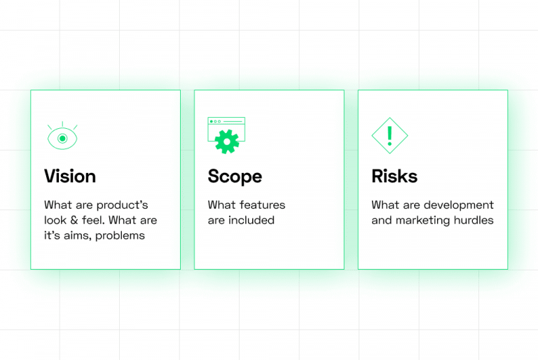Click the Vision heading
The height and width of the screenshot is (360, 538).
70,176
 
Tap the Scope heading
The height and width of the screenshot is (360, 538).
235,176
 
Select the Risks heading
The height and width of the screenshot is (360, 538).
394,176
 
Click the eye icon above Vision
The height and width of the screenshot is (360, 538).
62,137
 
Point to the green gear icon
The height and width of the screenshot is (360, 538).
227,141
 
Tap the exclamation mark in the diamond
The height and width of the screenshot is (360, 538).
389,134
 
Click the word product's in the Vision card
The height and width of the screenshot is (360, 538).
122,205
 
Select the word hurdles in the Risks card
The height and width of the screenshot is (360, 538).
477,220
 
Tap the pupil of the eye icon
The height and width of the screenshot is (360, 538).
62,139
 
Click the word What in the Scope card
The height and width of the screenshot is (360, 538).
221,205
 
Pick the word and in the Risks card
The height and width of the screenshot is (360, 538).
382,220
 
